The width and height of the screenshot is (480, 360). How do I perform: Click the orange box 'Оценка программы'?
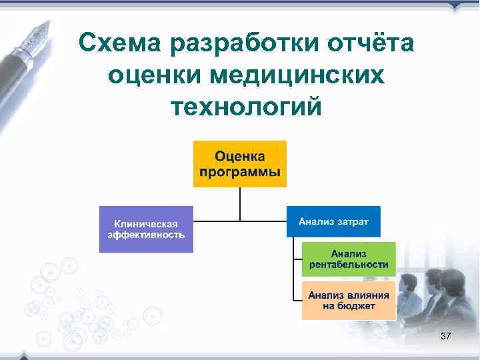tap(239, 164)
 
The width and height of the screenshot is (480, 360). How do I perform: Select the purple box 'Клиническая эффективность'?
tap(146, 229)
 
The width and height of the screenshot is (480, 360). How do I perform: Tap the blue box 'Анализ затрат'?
tap(333, 221)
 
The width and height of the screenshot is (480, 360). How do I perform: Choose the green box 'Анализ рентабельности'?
tap(349, 259)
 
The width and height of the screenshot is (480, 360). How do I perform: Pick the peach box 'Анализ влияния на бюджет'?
tap(349, 300)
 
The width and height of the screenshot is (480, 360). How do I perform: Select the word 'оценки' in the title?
tap(153, 75)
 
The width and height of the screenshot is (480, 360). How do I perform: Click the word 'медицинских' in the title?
tap(297, 75)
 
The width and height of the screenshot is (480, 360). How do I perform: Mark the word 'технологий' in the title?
tap(246, 106)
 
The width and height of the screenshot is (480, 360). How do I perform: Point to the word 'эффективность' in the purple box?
tap(147, 235)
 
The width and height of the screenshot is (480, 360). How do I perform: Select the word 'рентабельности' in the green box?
tap(349, 265)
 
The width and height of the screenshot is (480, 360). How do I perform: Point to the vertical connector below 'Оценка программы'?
tap(240, 203)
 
